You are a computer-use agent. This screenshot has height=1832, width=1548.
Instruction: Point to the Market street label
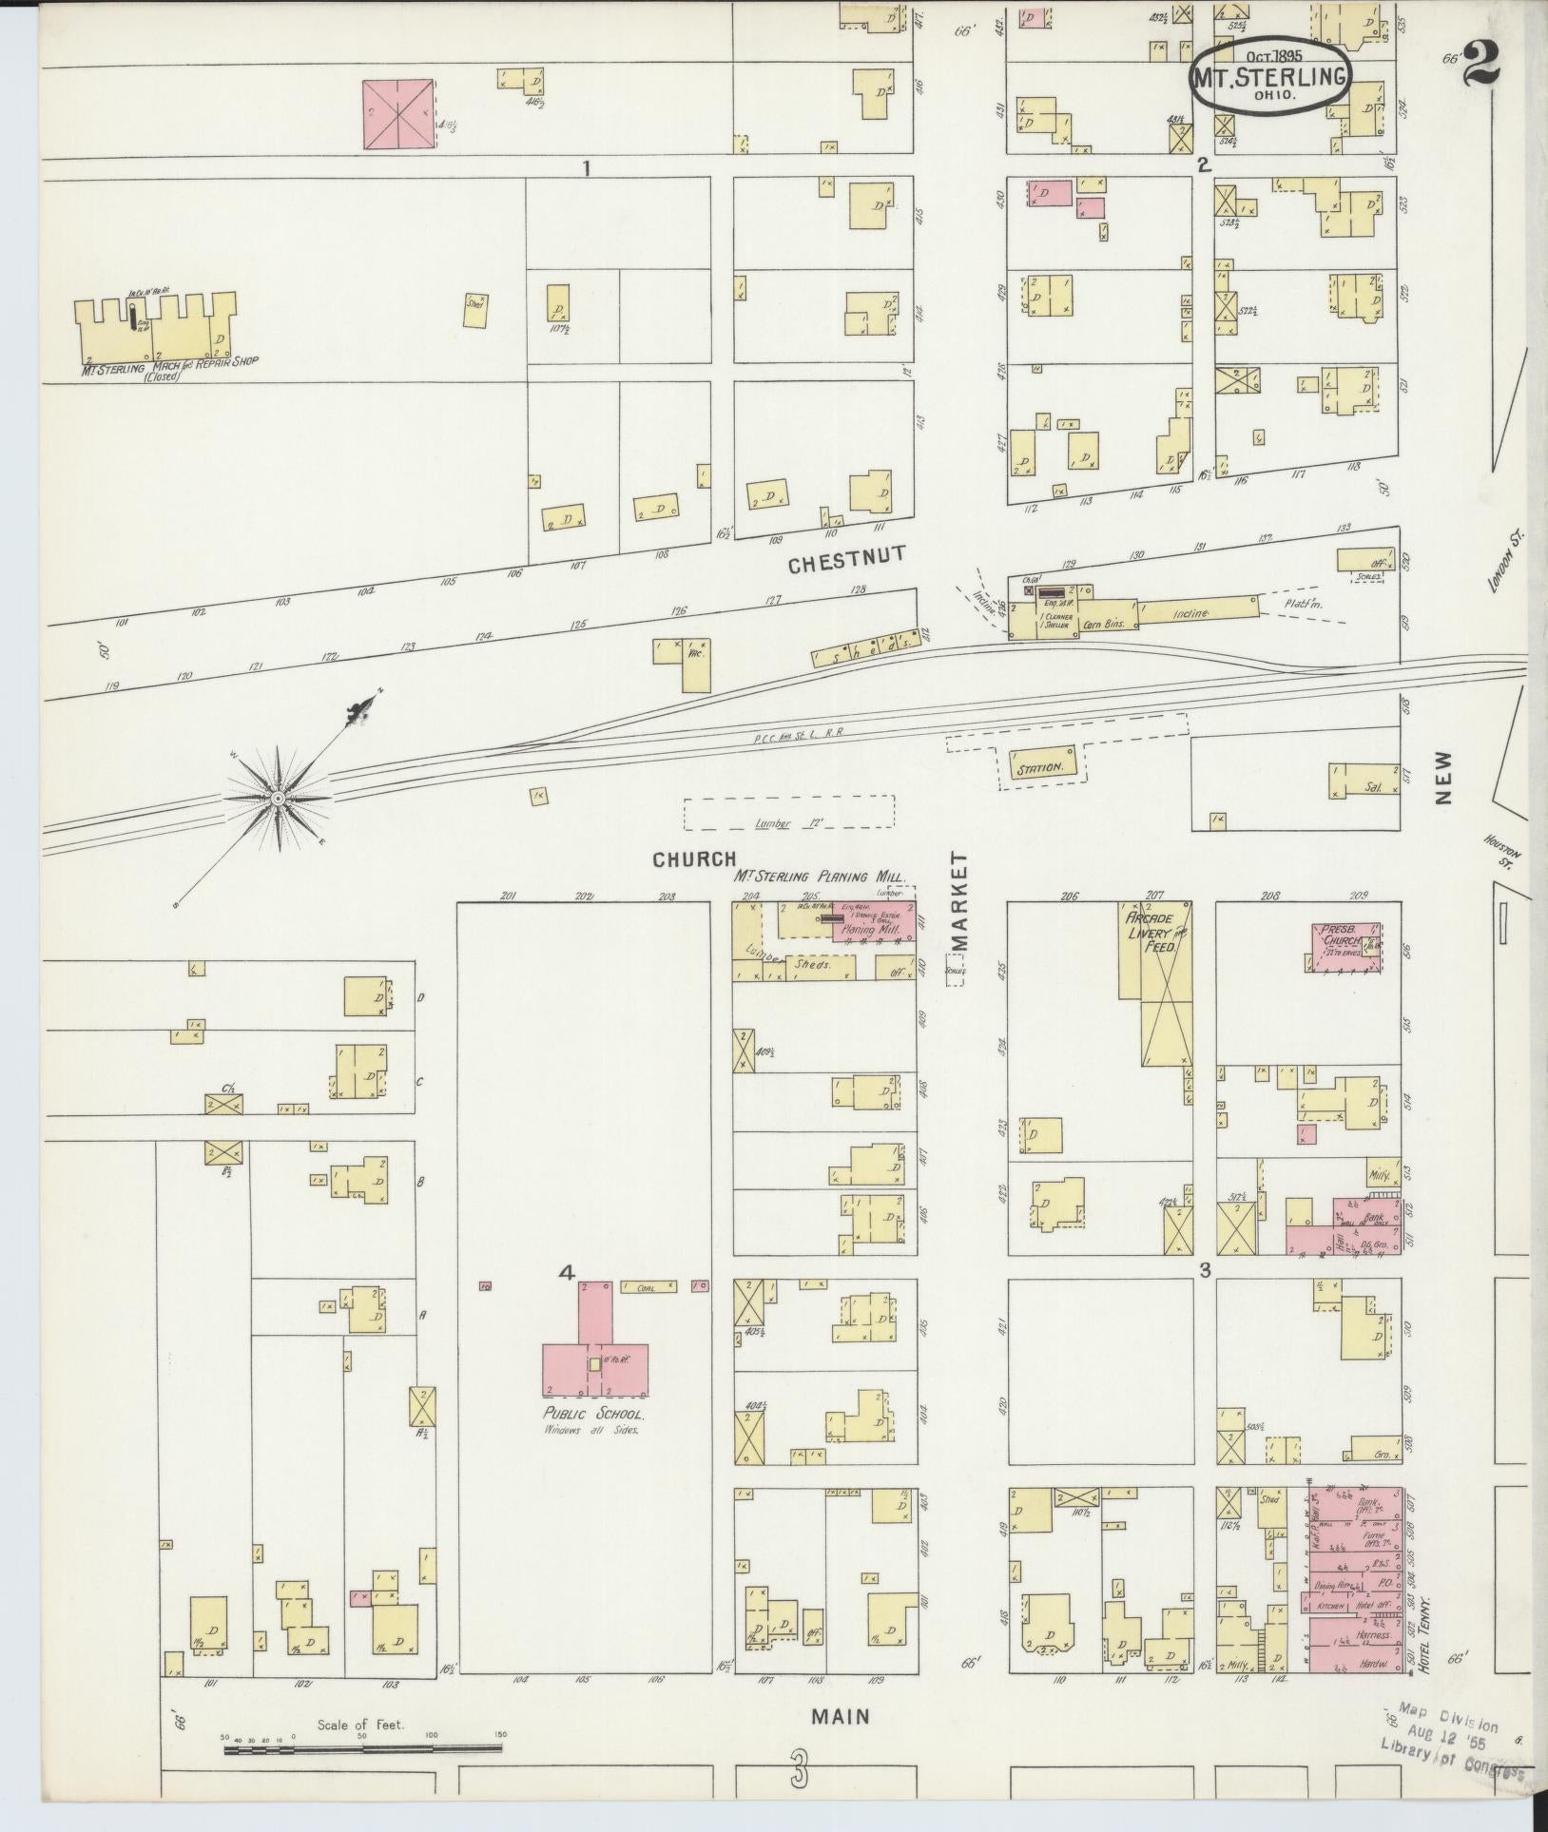click(x=958, y=900)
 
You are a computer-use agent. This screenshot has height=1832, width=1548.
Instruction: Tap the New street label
click(x=1444, y=778)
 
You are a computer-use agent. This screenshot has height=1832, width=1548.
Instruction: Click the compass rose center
click(x=278, y=800)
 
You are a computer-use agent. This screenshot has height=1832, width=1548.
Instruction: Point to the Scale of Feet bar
click(x=361, y=1746)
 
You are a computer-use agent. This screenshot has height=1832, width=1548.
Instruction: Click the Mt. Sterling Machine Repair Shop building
click(x=157, y=332)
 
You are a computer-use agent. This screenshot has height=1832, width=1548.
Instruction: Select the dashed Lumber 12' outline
click(x=789, y=813)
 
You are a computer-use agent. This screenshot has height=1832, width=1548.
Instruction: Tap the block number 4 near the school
click(x=568, y=1273)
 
